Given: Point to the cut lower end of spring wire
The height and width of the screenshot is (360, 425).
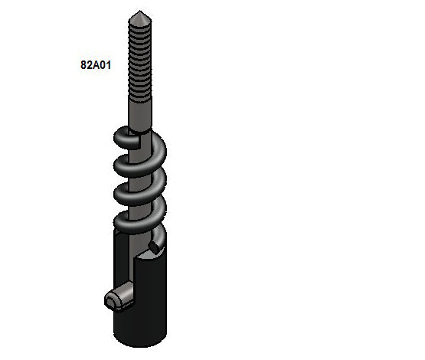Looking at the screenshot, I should coord(155,247).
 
